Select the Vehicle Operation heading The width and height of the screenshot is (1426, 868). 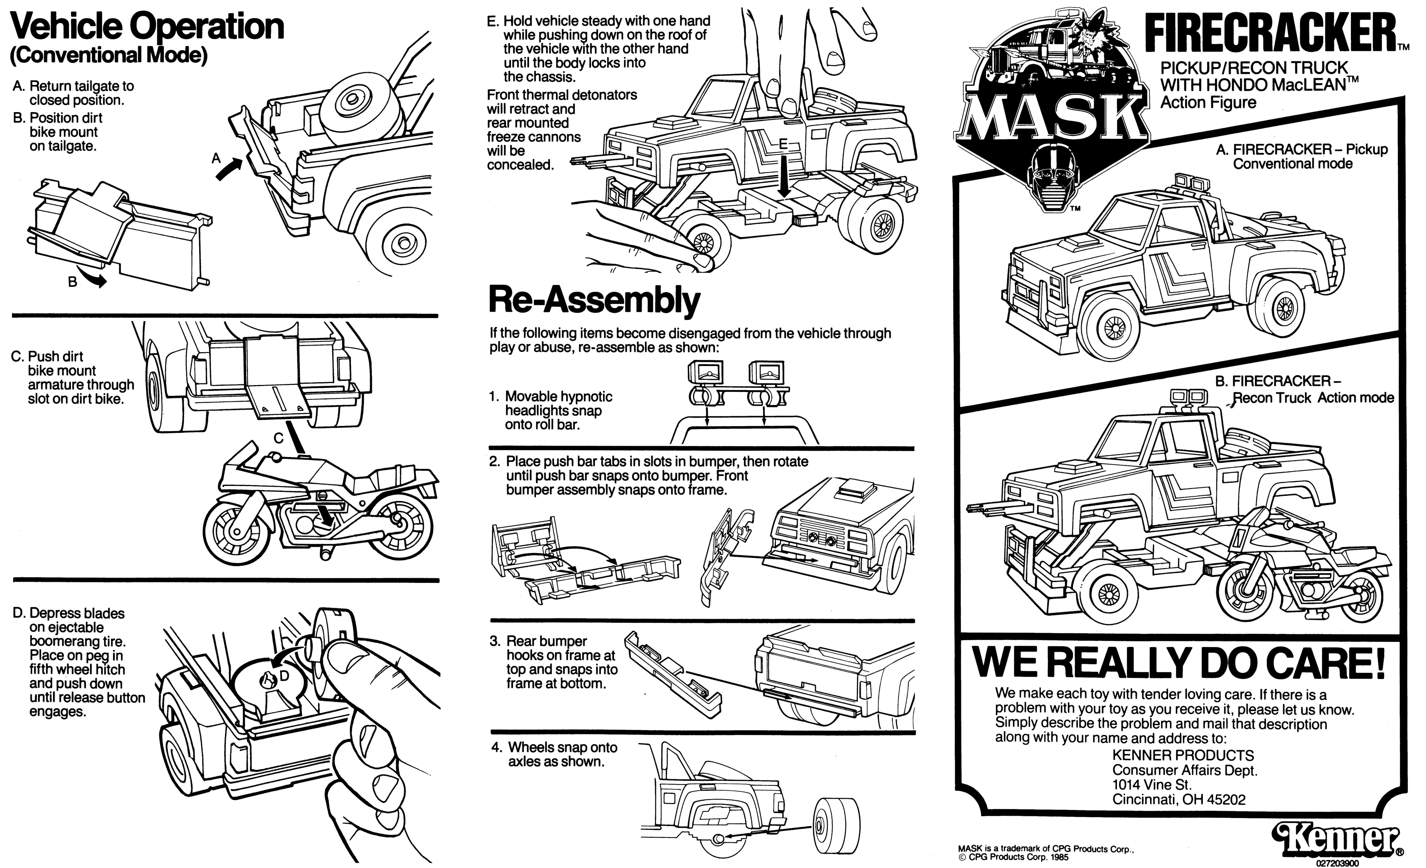(147, 27)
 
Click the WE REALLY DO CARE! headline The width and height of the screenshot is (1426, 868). (1179, 663)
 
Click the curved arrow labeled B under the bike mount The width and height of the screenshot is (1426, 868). (94, 279)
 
